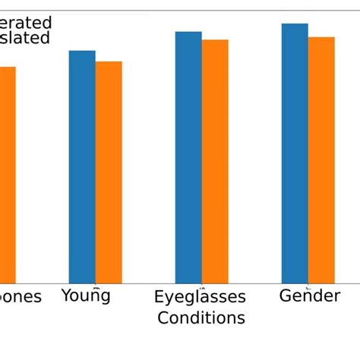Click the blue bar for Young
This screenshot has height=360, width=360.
[82, 167]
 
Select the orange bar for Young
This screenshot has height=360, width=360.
[109, 172]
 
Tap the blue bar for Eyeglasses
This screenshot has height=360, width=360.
[188, 157]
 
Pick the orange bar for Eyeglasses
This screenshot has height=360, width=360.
[215, 161]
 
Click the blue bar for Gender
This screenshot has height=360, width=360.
[295, 153]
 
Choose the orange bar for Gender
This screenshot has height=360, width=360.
[321, 159]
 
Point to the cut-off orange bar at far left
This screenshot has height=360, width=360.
[8, 175]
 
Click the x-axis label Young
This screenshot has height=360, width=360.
[86, 295]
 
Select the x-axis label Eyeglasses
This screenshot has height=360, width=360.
[200, 296]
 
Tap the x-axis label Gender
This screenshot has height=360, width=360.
[309, 295]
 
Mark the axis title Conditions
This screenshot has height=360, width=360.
[201, 317]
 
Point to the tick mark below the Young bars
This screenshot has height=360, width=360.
[96, 286]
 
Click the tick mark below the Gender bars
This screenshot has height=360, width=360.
[308, 286]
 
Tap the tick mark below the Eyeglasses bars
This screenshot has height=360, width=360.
[202, 286]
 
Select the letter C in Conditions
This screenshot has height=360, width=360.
[163, 317]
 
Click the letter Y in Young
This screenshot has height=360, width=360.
[66, 295]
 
